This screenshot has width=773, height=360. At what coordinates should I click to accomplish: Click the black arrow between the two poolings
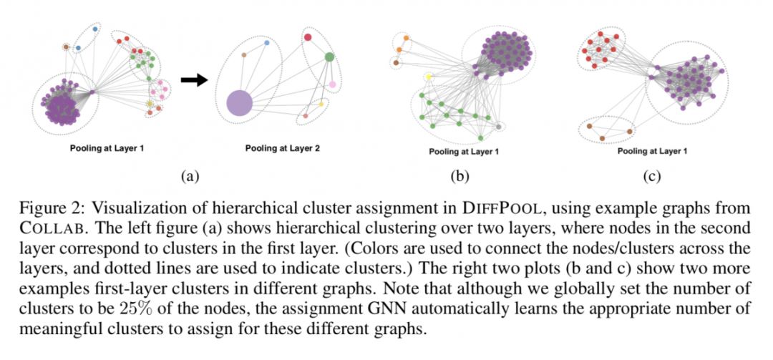click(193, 81)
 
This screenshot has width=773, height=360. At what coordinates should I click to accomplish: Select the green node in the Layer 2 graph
click(329, 57)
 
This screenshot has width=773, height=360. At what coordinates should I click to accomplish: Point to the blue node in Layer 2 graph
click(267, 43)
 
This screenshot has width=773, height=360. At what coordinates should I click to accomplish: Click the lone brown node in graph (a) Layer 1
click(67, 47)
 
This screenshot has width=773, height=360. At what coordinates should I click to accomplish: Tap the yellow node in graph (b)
click(429, 77)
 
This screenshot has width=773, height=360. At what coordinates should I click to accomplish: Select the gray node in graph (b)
click(498, 127)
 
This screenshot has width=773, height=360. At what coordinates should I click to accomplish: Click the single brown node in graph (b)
click(396, 63)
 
